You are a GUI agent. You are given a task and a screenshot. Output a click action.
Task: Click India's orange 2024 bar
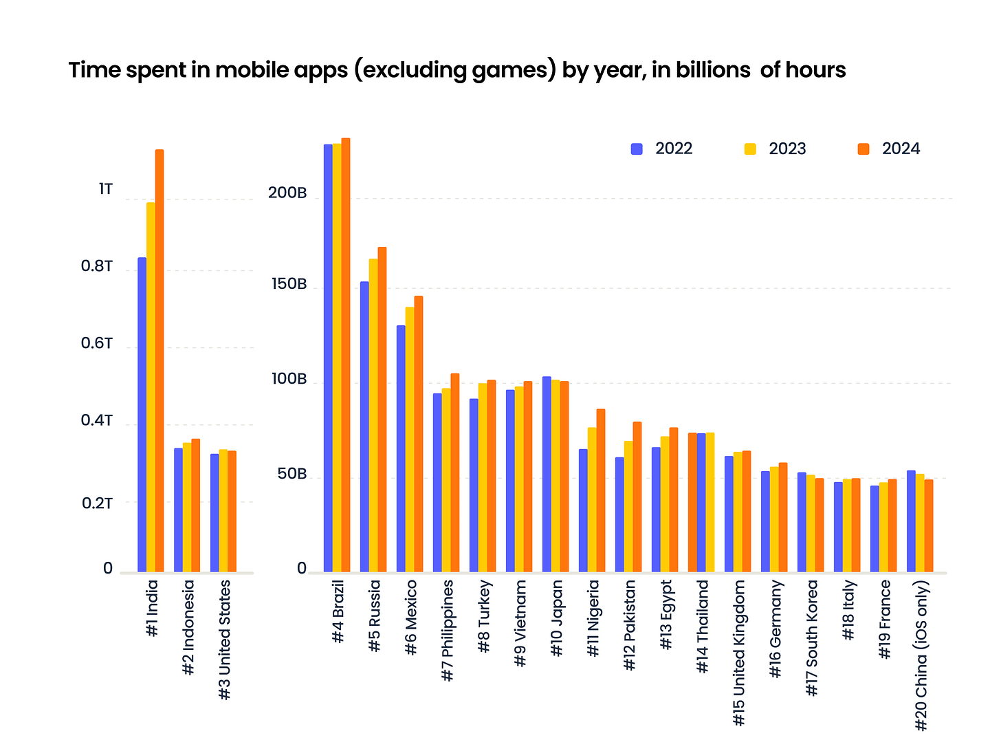tap(159, 361)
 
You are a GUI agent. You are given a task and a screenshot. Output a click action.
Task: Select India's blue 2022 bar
tap(142, 415)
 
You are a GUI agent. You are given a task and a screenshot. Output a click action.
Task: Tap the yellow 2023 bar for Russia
tap(373, 415)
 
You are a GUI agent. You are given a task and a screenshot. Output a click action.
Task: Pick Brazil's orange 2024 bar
tap(346, 356)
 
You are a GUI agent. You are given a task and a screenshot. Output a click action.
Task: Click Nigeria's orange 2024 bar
tap(601, 490)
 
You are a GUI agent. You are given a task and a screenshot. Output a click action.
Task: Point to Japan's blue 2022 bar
tap(547, 475)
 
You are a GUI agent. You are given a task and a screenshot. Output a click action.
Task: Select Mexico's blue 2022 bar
tap(401, 448)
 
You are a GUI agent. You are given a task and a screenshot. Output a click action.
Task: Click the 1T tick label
tap(105, 189)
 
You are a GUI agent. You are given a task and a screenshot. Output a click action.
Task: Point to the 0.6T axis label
tap(96, 343)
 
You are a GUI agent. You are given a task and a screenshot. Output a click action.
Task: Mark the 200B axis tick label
tap(287, 193)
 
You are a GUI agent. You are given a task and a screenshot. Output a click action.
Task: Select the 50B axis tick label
tap(291, 475)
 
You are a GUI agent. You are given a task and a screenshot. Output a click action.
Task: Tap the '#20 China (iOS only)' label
tap(921, 655)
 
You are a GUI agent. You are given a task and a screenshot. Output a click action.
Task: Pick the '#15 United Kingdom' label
tap(739, 652)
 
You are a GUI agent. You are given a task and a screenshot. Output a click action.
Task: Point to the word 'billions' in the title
tap(712, 70)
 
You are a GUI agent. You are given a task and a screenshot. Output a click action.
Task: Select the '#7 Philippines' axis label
tap(448, 630)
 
